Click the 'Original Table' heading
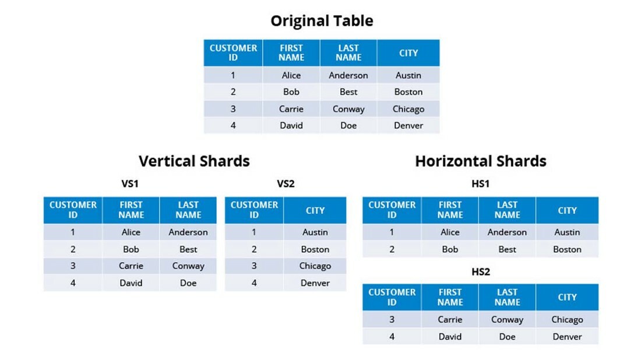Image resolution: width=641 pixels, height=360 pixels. point(322,22)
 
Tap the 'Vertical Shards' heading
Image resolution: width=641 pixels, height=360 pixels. point(194,161)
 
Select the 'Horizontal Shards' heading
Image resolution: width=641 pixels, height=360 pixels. point(481,161)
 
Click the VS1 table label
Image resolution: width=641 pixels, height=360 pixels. point(130,184)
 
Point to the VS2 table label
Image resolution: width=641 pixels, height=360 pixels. point(286,184)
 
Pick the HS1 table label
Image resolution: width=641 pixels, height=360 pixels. point(480,184)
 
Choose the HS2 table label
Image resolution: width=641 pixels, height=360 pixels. point(480,272)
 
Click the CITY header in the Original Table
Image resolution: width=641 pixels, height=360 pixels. point(408,53)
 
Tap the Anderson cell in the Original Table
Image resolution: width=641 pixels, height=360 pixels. point(348,75)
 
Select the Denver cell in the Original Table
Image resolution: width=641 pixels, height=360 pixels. point(408,125)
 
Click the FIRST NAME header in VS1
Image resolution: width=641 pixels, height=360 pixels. point(131,210)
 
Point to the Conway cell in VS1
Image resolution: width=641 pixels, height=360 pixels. point(188,266)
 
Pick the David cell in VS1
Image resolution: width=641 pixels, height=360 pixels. point(131,283)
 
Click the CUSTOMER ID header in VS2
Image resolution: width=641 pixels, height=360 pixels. point(254,210)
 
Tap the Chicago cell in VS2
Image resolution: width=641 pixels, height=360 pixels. point(315,266)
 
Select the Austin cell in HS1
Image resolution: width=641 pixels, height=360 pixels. point(567,232)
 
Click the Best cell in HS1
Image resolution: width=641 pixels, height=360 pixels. point(507,249)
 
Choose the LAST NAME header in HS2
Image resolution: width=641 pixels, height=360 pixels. point(507,297)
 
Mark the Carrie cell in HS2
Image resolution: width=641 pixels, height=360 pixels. point(450,319)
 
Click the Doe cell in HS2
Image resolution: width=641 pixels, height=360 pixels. point(507,336)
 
